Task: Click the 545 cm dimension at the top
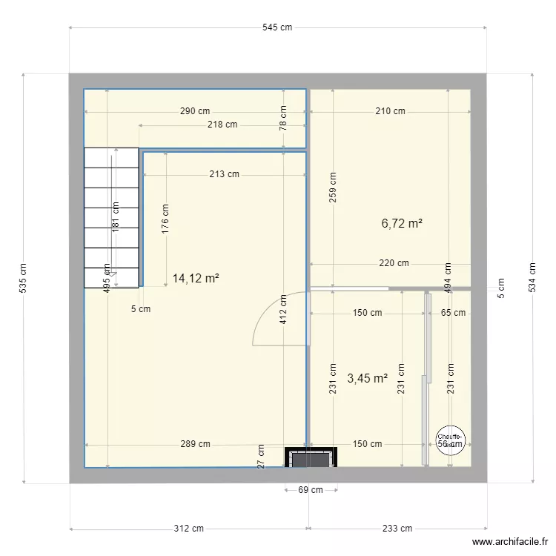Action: point(277,27)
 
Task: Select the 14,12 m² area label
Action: point(195,279)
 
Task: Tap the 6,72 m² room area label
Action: point(402,222)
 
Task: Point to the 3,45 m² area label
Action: point(367,379)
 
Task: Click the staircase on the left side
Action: point(111,216)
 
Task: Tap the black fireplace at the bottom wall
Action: point(311,458)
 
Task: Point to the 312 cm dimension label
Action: point(188,529)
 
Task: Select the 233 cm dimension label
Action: point(397,529)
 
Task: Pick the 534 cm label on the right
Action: point(531,278)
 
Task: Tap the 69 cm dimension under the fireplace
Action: point(310,490)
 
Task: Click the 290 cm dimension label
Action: point(194,111)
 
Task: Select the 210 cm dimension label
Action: point(390,111)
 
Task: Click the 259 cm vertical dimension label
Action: point(333,188)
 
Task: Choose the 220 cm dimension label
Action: point(394,263)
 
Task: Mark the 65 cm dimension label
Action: point(453,313)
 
